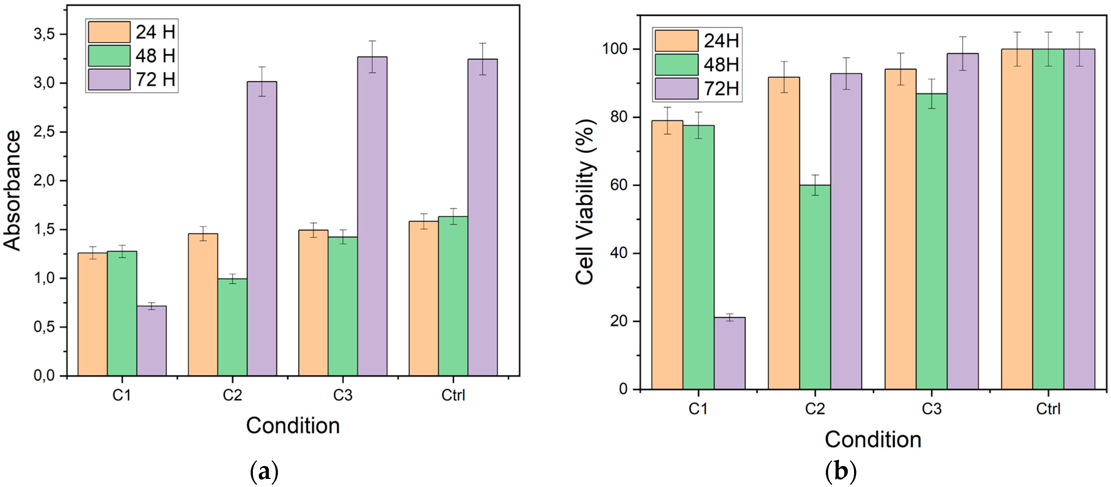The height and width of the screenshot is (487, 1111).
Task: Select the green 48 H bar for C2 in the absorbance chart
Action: [233, 327]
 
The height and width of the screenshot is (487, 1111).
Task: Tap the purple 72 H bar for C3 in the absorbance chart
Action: [372, 216]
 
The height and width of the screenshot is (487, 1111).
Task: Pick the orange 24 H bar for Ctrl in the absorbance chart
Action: [423, 298]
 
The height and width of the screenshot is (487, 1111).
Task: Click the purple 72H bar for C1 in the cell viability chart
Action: [729, 353]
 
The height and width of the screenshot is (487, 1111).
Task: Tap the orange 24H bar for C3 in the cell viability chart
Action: [900, 228]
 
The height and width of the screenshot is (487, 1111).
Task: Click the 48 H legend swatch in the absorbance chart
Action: [109, 56]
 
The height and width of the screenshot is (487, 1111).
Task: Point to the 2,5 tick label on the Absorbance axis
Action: [44, 132]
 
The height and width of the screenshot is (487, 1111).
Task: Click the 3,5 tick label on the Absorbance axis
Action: [44, 34]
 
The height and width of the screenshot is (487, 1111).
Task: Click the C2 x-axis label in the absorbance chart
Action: [233, 395]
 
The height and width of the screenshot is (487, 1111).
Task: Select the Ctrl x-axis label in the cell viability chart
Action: [1048, 408]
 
